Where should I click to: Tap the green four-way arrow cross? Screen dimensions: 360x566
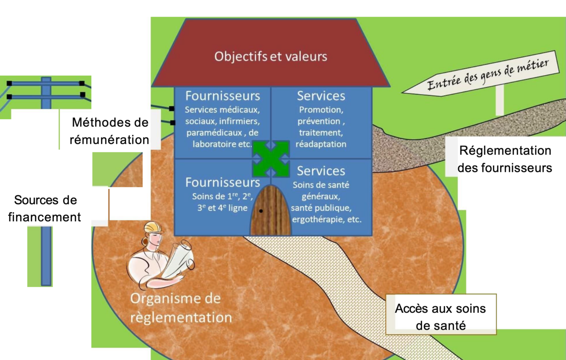[x=271, y=159]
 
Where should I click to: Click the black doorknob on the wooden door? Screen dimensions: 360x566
[x=261, y=211]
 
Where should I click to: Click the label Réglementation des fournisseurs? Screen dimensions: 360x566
[x=505, y=159]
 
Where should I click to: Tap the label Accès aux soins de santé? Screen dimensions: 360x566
[x=440, y=317]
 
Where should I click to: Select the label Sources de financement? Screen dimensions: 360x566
[x=45, y=208]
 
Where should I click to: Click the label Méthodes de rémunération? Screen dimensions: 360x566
[x=110, y=131]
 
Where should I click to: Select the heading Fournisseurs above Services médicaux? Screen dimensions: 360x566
[x=223, y=95]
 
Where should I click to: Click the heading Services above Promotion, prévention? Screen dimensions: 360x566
[x=321, y=96]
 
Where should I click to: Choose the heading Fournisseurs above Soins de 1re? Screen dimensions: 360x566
[x=223, y=182]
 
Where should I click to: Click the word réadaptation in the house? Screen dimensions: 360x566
[x=321, y=144]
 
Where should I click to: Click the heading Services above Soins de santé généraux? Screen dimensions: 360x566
[x=321, y=171]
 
